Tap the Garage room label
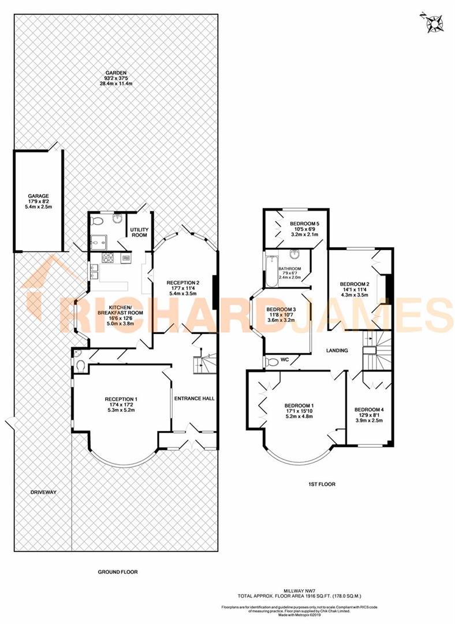click(40, 196)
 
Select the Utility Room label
click(139, 232)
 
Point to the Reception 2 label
click(182, 283)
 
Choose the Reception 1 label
click(121, 399)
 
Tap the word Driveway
click(43, 492)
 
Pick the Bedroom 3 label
click(281, 310)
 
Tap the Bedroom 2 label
click(354, 284)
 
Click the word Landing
click(337, 350)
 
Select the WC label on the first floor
click(284, 360)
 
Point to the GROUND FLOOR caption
click(118, 571)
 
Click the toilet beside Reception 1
click(81, 363)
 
